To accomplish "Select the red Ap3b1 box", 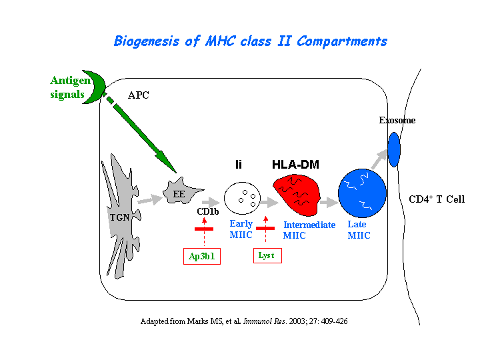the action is [x=202, y=256].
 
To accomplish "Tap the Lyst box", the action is [x=267, y=255].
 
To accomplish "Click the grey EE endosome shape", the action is [x=181, y=191].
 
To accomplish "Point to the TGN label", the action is [x=119, y=217].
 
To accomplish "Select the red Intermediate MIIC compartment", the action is [x=297, y=195].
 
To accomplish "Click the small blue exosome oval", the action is [x=394, y=149].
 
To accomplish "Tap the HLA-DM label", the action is [x=295, y=165].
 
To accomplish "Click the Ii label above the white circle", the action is [x=239, y=165].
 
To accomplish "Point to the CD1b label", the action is [x=208, y=211].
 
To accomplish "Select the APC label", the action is [x=139, y=95].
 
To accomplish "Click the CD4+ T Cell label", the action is [x=437, y=199].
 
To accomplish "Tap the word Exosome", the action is [x=397, y=120].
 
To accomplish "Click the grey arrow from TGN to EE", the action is [x=150, y=200].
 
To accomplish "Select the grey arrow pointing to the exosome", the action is [x=379, y=159].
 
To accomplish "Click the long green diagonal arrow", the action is [x=139, y=132].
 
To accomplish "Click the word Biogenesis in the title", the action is [x=146, y=41].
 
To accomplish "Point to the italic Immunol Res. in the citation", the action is [x=265, y=321].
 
